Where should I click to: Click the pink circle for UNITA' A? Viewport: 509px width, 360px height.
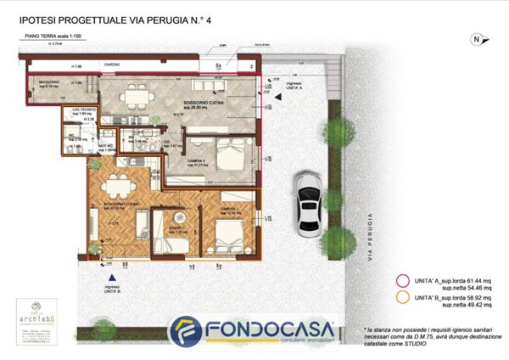[402, 282]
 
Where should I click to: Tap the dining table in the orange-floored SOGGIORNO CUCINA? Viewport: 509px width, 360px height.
[114, 188]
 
